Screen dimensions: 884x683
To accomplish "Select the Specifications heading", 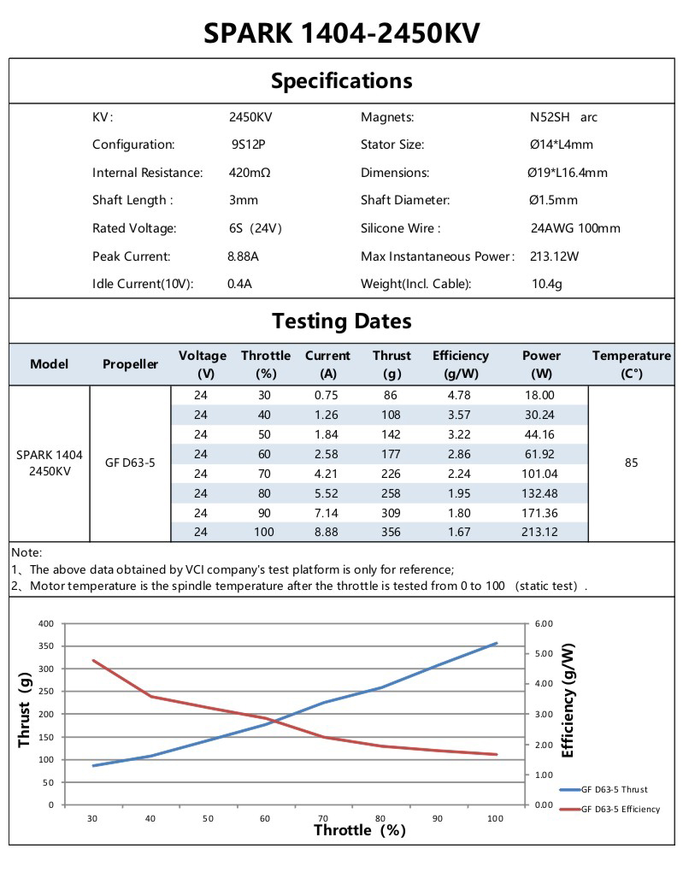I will (x=341, y=81).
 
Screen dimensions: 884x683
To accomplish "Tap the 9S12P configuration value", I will (x=248, y=144).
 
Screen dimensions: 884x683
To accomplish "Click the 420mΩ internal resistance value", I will (x=250, y=173).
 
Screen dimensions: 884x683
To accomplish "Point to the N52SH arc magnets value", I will (x=563, y=117).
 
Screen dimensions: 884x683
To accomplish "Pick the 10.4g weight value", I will (x=546, y=284).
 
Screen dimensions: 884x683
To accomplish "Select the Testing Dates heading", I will (x=341, y=321).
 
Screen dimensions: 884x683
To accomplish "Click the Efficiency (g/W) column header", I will (x=460, y=364).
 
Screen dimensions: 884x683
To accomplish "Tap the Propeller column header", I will (x=130, y=364).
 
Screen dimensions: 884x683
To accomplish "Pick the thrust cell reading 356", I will (x=392, y=532).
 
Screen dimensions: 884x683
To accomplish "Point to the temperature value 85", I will (x=631, y=463).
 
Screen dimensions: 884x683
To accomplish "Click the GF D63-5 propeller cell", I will (x=130, y=463).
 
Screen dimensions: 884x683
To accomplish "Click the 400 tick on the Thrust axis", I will (x=46, y=623).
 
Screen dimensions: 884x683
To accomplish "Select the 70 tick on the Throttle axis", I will (x=321, y=818).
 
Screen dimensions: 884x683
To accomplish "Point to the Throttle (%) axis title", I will (x=359, y=830).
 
